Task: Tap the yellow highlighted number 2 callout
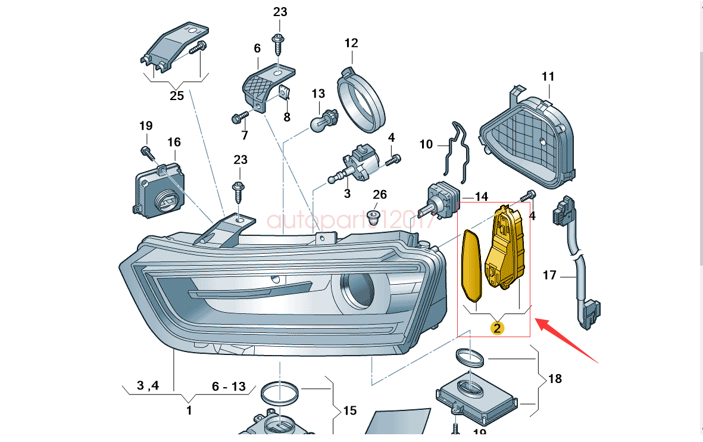click(x=496, y=327)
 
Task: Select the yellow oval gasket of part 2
click(x=474, y=265)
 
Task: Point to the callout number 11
click(x=548, y=76)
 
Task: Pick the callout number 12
click(x=351, y=43)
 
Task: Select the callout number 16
click(x=173, y=142)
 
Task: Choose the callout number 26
click(x=380, y=195)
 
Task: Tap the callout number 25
click(x=177, y=95)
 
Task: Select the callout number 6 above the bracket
click(x=257, y=48)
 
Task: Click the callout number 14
click(x=481, y=197)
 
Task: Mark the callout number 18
click(x=555, y=378)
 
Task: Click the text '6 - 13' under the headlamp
click(x=229, y=387)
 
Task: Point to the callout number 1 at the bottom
click(x=189, y=410)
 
